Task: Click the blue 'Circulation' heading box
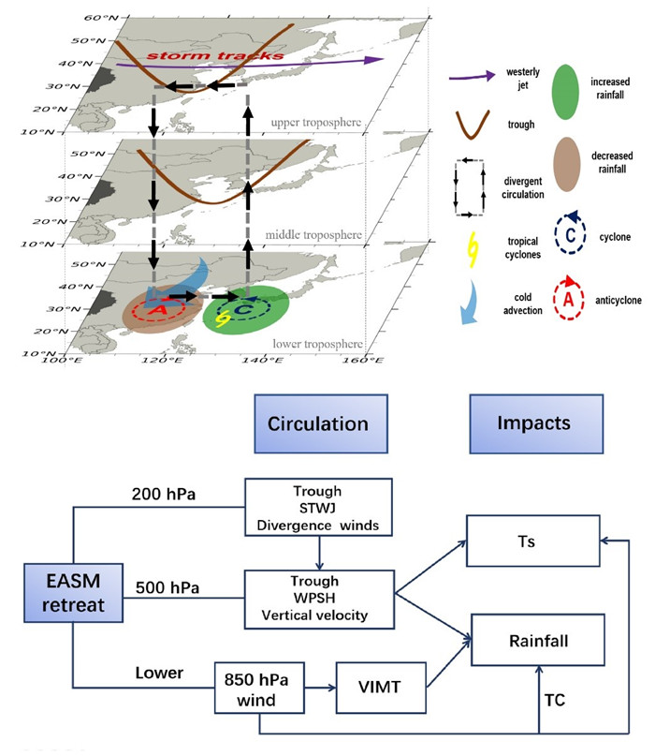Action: (x=318, y=423)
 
